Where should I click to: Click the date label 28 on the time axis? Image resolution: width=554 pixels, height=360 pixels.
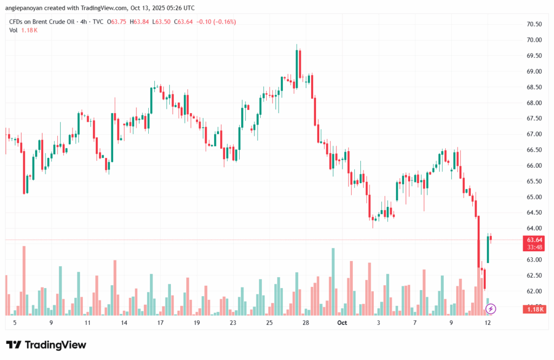coord(306,323)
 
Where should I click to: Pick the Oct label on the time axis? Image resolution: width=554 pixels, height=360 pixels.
coord(341,323)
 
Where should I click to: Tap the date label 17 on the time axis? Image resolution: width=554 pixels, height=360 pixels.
coord(160,323)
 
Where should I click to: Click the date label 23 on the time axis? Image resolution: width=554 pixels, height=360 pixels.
coord(233,323)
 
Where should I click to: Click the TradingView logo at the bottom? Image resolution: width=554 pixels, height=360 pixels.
coord(46,345)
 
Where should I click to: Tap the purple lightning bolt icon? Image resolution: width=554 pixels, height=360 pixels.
coord(491,309)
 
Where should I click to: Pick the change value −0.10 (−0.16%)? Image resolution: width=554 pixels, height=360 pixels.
coord(216,22)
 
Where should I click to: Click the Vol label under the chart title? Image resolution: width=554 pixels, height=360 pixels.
coord(13,30)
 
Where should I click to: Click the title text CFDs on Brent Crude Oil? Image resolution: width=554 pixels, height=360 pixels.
coord(43,22)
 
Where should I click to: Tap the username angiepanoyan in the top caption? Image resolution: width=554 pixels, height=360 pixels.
coord(27,8)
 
